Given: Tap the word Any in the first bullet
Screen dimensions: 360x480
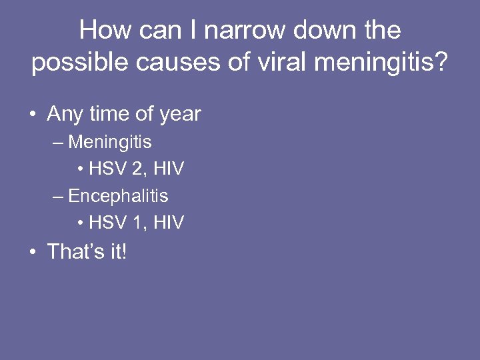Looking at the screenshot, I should click(64, 114).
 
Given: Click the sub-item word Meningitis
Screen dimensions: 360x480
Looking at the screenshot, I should click(110, 142).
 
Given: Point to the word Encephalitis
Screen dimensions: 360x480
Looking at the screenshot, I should click(118, 196).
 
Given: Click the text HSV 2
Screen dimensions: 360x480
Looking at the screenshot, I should click(115, 169).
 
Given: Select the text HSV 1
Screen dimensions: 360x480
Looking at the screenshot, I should click(115, 223).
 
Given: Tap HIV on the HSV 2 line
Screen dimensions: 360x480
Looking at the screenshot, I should click(168, 169).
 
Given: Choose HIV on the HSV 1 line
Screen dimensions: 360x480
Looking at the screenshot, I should click(168, 223).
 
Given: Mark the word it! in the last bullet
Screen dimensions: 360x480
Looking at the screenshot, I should click(114, 251).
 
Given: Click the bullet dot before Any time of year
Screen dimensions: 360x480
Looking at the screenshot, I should click(32, 115).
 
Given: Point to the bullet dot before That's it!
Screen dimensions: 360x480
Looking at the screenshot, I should click(32, 252).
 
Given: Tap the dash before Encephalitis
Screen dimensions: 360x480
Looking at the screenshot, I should click(58, 197).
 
